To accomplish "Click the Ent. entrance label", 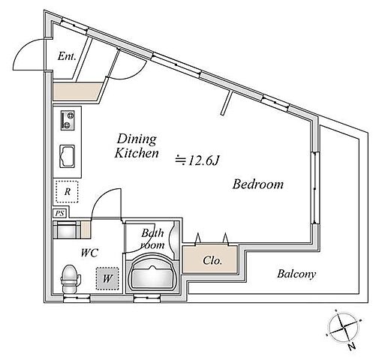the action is [67, 56].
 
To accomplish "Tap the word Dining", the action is [137, 139].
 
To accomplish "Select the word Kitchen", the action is [137, 153].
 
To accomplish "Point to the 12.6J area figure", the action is [197, 160].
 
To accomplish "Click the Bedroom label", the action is [258, 184].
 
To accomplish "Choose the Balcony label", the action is [296, 274].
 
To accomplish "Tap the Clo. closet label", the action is [212, 261].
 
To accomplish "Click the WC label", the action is [89, 253].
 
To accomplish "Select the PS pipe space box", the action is [60, 214].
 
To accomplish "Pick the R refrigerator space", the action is [67, 191].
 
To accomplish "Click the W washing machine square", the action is [107, 278].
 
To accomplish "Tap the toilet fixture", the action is [70, 279].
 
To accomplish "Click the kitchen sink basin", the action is [68, 156].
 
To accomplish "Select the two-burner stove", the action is [68, 120].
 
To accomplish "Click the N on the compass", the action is [352, 346].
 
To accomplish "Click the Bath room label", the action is [152, 238].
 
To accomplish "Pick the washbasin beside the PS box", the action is [67, 229].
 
